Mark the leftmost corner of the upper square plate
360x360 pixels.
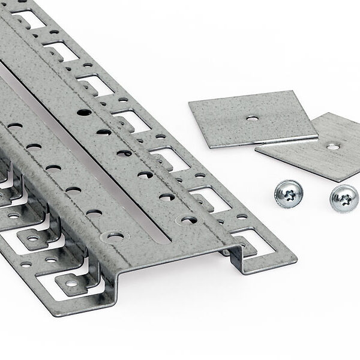pyautogui.click(x=189, y=103)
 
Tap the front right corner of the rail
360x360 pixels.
pyautogui.click(x=296, y=261)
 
